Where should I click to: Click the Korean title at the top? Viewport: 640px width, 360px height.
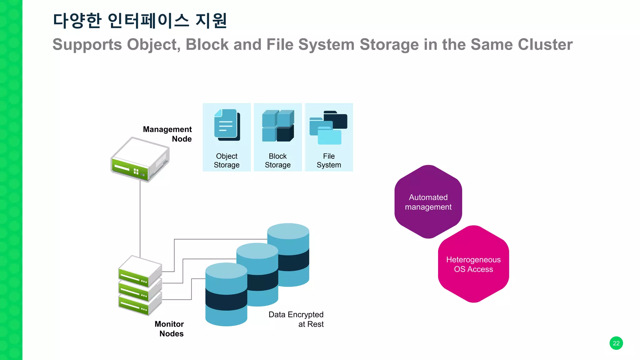(140, 21)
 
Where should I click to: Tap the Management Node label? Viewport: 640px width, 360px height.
(168, 134)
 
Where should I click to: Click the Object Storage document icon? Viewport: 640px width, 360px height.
(227, 125)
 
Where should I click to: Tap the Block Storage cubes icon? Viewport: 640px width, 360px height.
(278, 126)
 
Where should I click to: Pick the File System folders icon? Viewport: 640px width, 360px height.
(328, 127)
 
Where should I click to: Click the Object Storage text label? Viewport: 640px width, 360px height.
(227, 161)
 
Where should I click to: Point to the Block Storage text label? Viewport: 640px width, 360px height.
(277, 161)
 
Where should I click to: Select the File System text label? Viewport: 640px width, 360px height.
(329, 161)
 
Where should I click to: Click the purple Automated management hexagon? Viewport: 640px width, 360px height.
(428, 202)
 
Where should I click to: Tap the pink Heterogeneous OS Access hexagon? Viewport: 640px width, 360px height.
(473, 264)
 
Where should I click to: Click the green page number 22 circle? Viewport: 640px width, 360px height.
(616, 343)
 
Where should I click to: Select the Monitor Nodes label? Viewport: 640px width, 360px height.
(170, 329)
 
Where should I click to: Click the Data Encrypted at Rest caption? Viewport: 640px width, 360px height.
(296, 319)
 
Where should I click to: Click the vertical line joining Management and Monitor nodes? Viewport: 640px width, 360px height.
(140, 219)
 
